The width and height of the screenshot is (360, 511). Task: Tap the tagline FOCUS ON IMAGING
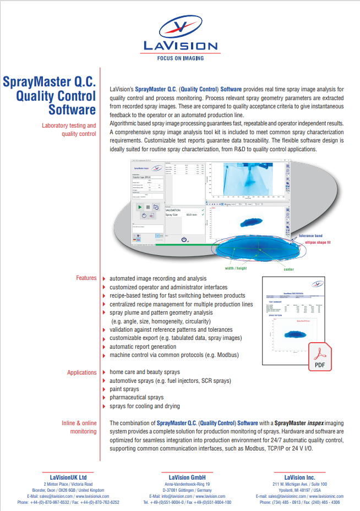click(x=180, y=57)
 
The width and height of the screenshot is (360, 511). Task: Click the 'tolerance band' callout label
click(x=314, y=235)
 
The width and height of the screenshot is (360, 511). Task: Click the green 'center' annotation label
click(x=288, y=270)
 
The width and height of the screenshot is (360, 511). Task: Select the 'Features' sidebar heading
click(x=86, y=278)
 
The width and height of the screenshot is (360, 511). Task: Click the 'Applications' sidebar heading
click(x=81, y=372)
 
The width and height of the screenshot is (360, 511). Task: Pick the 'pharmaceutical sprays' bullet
click(x=136, y=397)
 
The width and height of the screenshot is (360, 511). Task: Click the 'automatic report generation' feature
click(x=143, y=347)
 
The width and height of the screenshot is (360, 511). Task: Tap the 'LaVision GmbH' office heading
click(x=179, y=477)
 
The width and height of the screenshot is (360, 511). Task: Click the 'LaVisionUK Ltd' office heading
click(x=68, y=477)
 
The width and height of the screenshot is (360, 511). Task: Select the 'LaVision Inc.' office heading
click(x=299, y=477)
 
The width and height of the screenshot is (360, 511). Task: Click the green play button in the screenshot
click(x=140, y=207)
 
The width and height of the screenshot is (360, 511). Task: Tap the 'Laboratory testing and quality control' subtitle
click(x=69, y=129)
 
